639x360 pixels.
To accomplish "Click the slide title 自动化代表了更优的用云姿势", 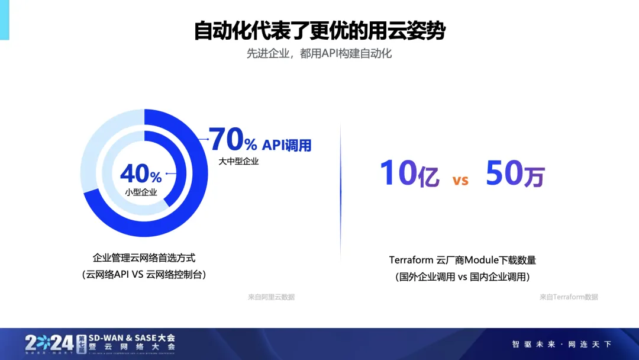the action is tap(319, 31).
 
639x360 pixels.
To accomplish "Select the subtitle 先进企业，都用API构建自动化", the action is tap(319, 53).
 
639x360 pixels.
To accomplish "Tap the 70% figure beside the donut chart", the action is tap(233, 139).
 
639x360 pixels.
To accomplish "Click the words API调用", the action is tap(286, 145).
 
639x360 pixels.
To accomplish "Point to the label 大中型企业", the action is tap(238, 162).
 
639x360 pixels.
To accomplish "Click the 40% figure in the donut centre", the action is tap(141, 173).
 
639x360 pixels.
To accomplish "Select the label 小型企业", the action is tap(141, 192).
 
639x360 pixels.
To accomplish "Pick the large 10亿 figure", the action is tap(409, 173).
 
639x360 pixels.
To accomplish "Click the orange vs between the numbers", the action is tap(460, 180).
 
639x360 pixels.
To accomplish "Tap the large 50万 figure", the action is tap(515, 173).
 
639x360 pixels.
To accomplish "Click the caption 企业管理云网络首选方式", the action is tap(144, 258).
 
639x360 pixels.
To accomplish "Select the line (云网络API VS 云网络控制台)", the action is tap(144, 274).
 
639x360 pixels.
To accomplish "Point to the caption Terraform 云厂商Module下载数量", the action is tap(463, 260).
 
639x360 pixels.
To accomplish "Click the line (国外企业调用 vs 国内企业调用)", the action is tap(463, 277).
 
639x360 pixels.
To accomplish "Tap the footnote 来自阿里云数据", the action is tap(271, 297).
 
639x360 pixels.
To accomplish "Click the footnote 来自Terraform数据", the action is tap(569, 297).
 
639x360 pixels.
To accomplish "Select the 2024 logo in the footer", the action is tap(49, 343).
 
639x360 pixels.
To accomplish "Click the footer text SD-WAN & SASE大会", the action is tap(132, 338).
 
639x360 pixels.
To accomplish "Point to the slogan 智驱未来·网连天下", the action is tap(562, 345).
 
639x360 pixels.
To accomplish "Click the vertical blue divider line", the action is tap(341, 192).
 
